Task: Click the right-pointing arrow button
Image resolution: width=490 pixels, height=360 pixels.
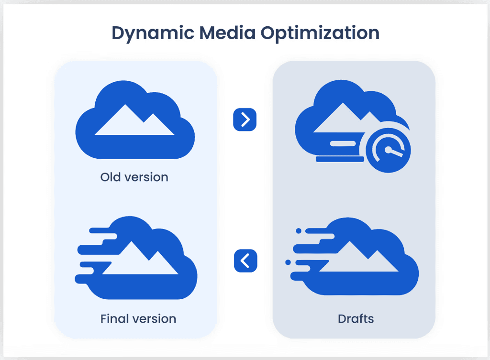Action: tap(245, 120)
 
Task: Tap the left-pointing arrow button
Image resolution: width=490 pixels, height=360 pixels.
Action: tap(245, 261)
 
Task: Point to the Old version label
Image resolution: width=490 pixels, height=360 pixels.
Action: tap(134, 177)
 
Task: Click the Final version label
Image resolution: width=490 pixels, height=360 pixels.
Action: tap(138, 318)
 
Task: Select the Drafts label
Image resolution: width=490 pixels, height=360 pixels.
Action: tap(356, 318)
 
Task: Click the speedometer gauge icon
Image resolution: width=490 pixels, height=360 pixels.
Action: tap(388, 152)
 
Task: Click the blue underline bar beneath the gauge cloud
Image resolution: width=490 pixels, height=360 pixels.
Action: tap(340, 160)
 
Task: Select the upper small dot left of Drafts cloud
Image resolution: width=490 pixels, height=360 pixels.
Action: tap(299, 231)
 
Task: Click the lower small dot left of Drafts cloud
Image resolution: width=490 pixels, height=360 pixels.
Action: tap(288, 262)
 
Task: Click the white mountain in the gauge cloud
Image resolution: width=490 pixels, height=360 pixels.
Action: tap(342, 122)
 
